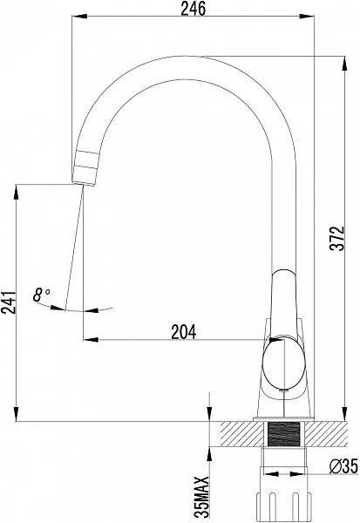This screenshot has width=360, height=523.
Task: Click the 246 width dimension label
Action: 194,9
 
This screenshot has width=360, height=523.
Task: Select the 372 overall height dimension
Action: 336,238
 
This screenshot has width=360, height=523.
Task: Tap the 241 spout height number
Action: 9,302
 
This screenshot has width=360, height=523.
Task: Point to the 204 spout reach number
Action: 184,332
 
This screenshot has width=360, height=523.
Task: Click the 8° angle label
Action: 41,295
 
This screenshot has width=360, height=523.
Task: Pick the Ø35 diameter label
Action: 343,465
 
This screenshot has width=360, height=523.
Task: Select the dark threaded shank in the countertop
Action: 283,433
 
